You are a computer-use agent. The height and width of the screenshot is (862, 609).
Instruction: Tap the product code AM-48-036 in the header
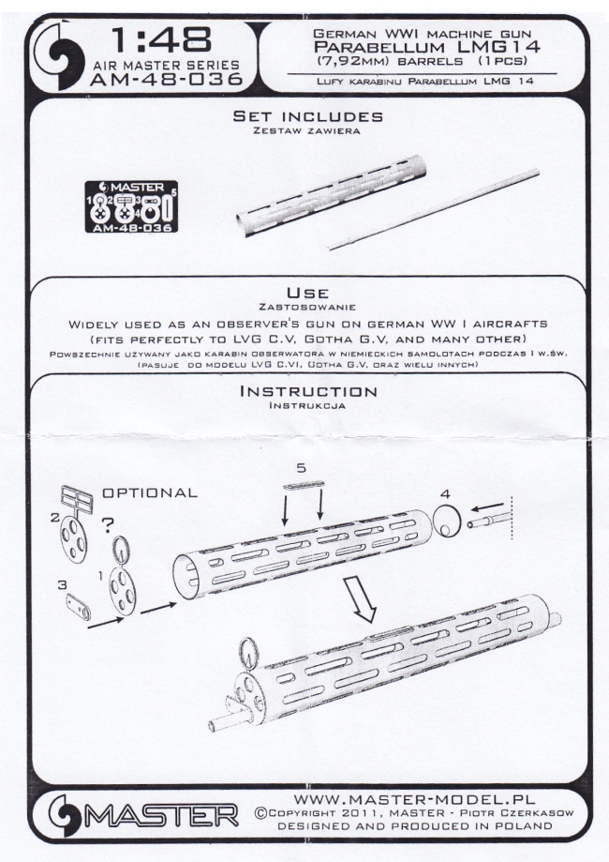point(167,80)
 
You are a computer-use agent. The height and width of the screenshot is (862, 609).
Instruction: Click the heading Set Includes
point(307,116)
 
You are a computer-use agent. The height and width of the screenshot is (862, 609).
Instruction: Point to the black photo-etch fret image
point(131,206)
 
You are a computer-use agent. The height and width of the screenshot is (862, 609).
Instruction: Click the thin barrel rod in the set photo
point(434,210)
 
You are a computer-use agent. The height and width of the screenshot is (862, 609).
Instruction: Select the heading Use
point(307,293)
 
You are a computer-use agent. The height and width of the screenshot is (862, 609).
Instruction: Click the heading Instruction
point(308,391)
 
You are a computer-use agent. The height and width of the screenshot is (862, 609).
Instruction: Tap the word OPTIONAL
point(150,492)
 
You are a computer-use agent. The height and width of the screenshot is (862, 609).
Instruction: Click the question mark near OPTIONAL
point(108,526)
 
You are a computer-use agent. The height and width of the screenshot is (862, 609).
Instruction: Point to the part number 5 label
point(301,468)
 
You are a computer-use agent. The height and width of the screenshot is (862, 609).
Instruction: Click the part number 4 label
point(444,494)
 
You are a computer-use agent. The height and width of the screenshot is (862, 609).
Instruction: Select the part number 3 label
point(62,585)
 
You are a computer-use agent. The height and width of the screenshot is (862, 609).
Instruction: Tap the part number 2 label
point(55,518)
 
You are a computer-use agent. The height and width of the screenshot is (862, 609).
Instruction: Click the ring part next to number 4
point(447,520)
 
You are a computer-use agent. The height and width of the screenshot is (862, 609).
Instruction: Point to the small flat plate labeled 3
point(81,607)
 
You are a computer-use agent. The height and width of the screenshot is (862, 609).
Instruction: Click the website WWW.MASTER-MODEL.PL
point(415,799)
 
